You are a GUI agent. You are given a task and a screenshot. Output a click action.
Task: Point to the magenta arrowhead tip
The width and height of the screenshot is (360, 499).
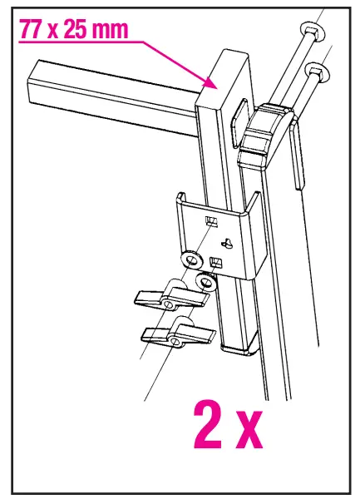pyautogui.click(x=214, y=86)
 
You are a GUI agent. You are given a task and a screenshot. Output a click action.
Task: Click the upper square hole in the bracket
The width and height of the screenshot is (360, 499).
pyautogui.click(x=211, y=220)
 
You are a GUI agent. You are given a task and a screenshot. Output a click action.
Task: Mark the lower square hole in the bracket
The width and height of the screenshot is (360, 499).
pyautogui.click(x=215, y=264)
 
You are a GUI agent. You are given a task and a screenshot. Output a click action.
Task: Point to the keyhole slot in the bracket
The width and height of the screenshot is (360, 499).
pyautogui.click(x=224, y=242)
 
